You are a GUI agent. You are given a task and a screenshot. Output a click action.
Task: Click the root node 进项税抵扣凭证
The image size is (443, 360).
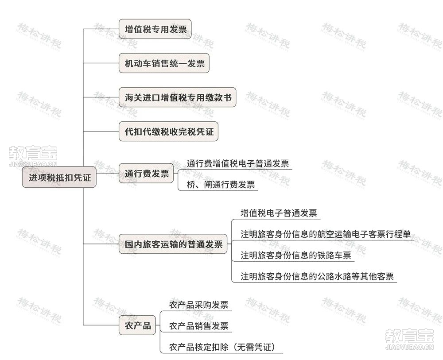[x=59, y=177]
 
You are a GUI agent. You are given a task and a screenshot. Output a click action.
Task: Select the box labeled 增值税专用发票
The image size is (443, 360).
[x=155, y=29]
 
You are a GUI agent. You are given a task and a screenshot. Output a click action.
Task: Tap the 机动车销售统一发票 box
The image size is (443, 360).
[x=164, y=63]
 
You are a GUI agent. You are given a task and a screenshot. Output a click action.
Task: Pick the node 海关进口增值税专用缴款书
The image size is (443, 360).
[x=178, y=97]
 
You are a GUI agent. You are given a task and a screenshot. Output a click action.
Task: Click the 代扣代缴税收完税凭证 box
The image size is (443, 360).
[x=169, y=132]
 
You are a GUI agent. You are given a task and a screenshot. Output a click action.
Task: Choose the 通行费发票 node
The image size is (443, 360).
[x=146, y=173]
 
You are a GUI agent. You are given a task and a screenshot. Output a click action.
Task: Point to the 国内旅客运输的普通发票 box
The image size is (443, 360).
[x=173, y=244]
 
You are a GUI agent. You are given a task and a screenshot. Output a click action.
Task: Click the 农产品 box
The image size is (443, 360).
[x=137, y=325]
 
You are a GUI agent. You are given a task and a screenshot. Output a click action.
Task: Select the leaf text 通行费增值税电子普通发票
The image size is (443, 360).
[x=238, y=163]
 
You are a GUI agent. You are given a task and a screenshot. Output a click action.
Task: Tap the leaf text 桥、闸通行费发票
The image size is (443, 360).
[x=221, y=185]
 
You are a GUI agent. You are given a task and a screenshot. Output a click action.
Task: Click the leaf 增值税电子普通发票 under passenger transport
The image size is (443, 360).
[x=279, y=213]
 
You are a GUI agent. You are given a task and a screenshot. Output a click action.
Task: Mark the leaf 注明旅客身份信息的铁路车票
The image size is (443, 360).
[x=296, y=255]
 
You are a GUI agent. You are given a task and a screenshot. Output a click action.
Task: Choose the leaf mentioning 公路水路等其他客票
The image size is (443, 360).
[x=317, y=276]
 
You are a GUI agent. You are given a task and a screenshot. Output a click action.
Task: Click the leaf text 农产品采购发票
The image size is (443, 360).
[x=198, y=305]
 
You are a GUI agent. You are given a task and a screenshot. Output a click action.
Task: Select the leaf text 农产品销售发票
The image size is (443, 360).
[x=198, y=326]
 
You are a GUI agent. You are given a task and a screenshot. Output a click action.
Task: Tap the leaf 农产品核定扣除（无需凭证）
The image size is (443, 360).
[x=222, y=347]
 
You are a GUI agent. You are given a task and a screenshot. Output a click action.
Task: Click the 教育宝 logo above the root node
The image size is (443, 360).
[x=33, y=156]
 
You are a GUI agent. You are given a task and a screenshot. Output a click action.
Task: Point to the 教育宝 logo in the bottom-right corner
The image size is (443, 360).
[x=409, y=339]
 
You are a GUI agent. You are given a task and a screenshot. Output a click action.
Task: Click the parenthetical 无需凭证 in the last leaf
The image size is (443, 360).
[x=254, y=347]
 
